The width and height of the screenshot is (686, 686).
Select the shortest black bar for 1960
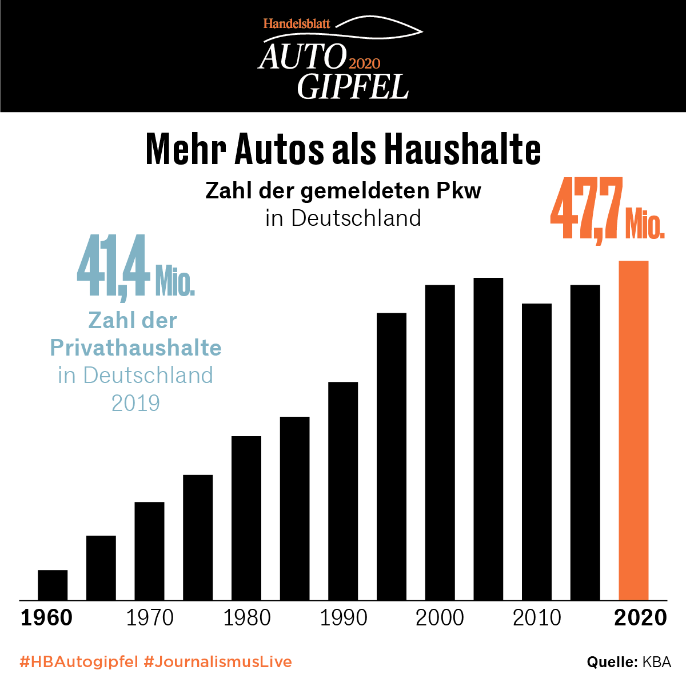(x=53, y=585)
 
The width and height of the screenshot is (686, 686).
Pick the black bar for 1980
(x=246, y=518)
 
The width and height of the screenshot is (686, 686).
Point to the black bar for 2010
(x=537, y=452)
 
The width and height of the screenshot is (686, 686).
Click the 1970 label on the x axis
(x=149, y=618)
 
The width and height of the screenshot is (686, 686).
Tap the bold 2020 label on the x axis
(x=640, y=618)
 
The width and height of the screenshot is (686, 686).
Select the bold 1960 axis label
(x=47, y=618)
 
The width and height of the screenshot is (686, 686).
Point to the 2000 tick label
(x=440, y=618)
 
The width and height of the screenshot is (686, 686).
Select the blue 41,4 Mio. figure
(x=135, y=268)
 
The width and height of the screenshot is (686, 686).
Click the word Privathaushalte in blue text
(x=135, y=348)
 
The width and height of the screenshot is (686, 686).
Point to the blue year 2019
(x=135, y=403)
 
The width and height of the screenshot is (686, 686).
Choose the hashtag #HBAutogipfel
(x=79, y=662)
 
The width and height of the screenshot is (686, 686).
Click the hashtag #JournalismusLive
(x=218, y=662)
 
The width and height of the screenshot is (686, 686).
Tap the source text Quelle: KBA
(x=629, y=662)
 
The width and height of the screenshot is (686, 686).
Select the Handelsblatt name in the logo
(x=297, y=24)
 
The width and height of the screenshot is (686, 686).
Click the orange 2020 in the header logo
(x=364, y=63)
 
